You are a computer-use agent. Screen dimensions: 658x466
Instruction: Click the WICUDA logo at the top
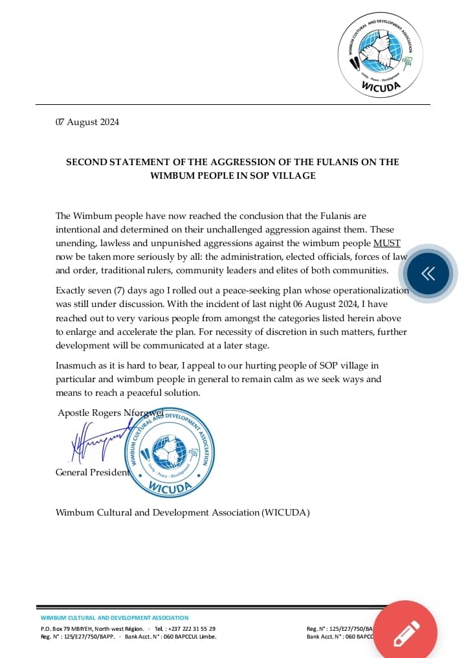[381, 56]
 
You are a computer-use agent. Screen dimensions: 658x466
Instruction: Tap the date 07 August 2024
[87, 122]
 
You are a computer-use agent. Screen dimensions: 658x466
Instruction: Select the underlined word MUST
[387, 243]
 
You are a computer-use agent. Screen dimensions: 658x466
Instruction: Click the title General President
[92, 472]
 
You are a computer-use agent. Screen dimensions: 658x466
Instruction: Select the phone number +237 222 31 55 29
[194, 629]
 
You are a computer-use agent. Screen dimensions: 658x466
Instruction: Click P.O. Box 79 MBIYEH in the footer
[67, 629]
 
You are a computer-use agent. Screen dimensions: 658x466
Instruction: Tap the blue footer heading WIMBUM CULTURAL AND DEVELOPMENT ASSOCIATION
[115, 618]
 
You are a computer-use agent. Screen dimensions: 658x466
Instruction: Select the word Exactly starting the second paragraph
[72, 291]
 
